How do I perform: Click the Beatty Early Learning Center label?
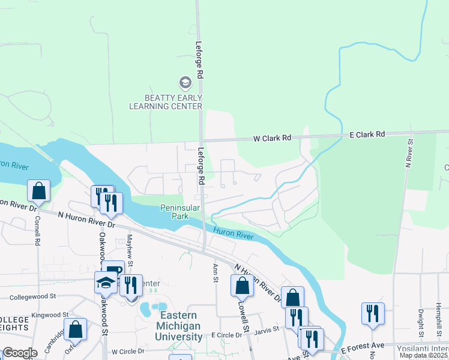(x=165, y=101)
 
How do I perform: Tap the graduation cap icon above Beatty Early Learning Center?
(x=185, y=82)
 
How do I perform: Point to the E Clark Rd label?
(x=367, y=135)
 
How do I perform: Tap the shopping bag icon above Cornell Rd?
(x=38, y=191)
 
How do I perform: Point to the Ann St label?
(x=214, y=272)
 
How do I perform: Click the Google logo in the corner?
(x=20, y=353)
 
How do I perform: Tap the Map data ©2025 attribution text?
(x=424, y=355)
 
